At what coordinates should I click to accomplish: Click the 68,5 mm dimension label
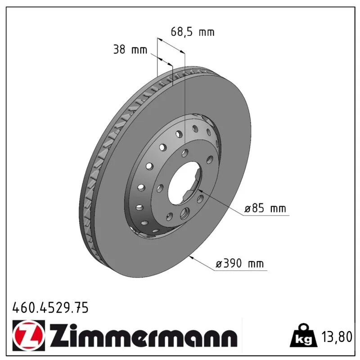193,31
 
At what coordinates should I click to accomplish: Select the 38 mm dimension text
130,49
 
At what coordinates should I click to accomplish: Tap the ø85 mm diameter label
265,209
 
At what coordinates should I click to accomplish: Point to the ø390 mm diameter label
240,264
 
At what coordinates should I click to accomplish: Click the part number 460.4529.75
50,307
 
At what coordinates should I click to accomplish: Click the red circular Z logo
28,335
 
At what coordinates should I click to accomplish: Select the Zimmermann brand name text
143,336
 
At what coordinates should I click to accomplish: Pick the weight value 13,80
337,337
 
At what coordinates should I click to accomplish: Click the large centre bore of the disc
184,183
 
